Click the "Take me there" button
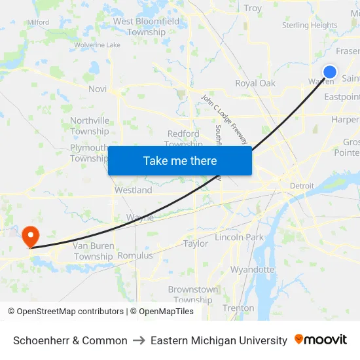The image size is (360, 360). (x=180, y=161)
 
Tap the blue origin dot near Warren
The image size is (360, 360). (x=330, y=72)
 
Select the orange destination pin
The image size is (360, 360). (x=30, y=236)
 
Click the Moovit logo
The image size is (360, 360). (x=321, y=340)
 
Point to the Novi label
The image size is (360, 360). (x=98, y=88)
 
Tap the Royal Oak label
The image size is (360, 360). (x=255, y=83)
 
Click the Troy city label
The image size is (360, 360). (x=253, y=9)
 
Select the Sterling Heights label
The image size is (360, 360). (x=310, y=26)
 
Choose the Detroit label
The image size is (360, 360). (x=302, y=186)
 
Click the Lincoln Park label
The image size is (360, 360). (x=239, y=237)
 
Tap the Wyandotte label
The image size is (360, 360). (x=252, y=269)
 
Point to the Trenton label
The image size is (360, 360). (x=238, y=308)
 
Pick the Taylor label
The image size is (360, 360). (x=196, y=243)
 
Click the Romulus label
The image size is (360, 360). (x=135, y=255)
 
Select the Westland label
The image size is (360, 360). (x=133, y=190)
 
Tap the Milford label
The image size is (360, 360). (x=38, y=22)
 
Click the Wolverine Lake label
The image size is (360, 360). (x=97, y=45)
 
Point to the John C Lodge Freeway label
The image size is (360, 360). (x=224, y=118)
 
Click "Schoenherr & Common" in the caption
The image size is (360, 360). (x=71, y=340)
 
